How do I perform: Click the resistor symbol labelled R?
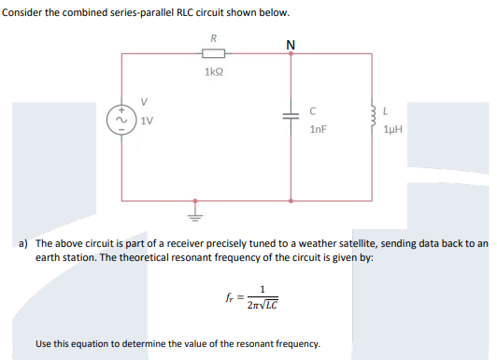(215, 54)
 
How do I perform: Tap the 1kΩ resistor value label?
(215, 70)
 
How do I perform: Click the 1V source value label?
(147, 121)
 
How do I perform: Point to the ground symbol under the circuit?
(195, 209)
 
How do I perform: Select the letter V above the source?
(143, 102)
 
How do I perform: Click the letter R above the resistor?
(215, 38)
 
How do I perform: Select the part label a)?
(25, 242)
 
